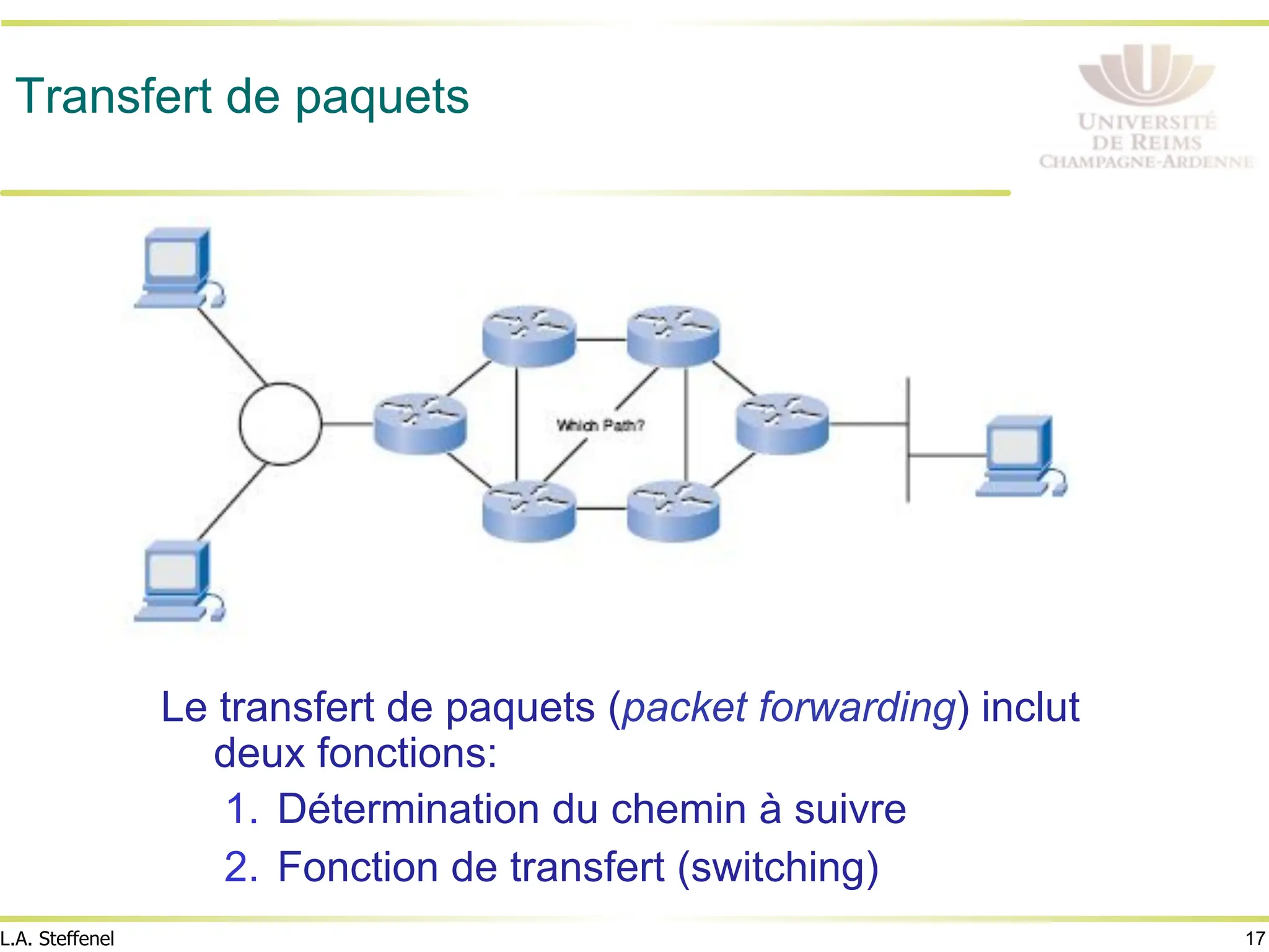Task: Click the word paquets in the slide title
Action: click(382, 99)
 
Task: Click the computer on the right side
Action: click(1019, 456)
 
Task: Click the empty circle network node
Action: click(280, 424)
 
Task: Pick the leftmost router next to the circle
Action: click(419, 423)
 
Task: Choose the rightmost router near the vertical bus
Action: click(782, 423)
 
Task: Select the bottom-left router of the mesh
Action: click(529, 511)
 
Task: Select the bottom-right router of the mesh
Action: click(673, 511)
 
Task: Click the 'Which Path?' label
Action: click(600, 425)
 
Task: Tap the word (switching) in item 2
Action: click(778, 867)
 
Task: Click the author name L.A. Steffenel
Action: click(58, 938)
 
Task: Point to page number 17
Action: click(1255, 938)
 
